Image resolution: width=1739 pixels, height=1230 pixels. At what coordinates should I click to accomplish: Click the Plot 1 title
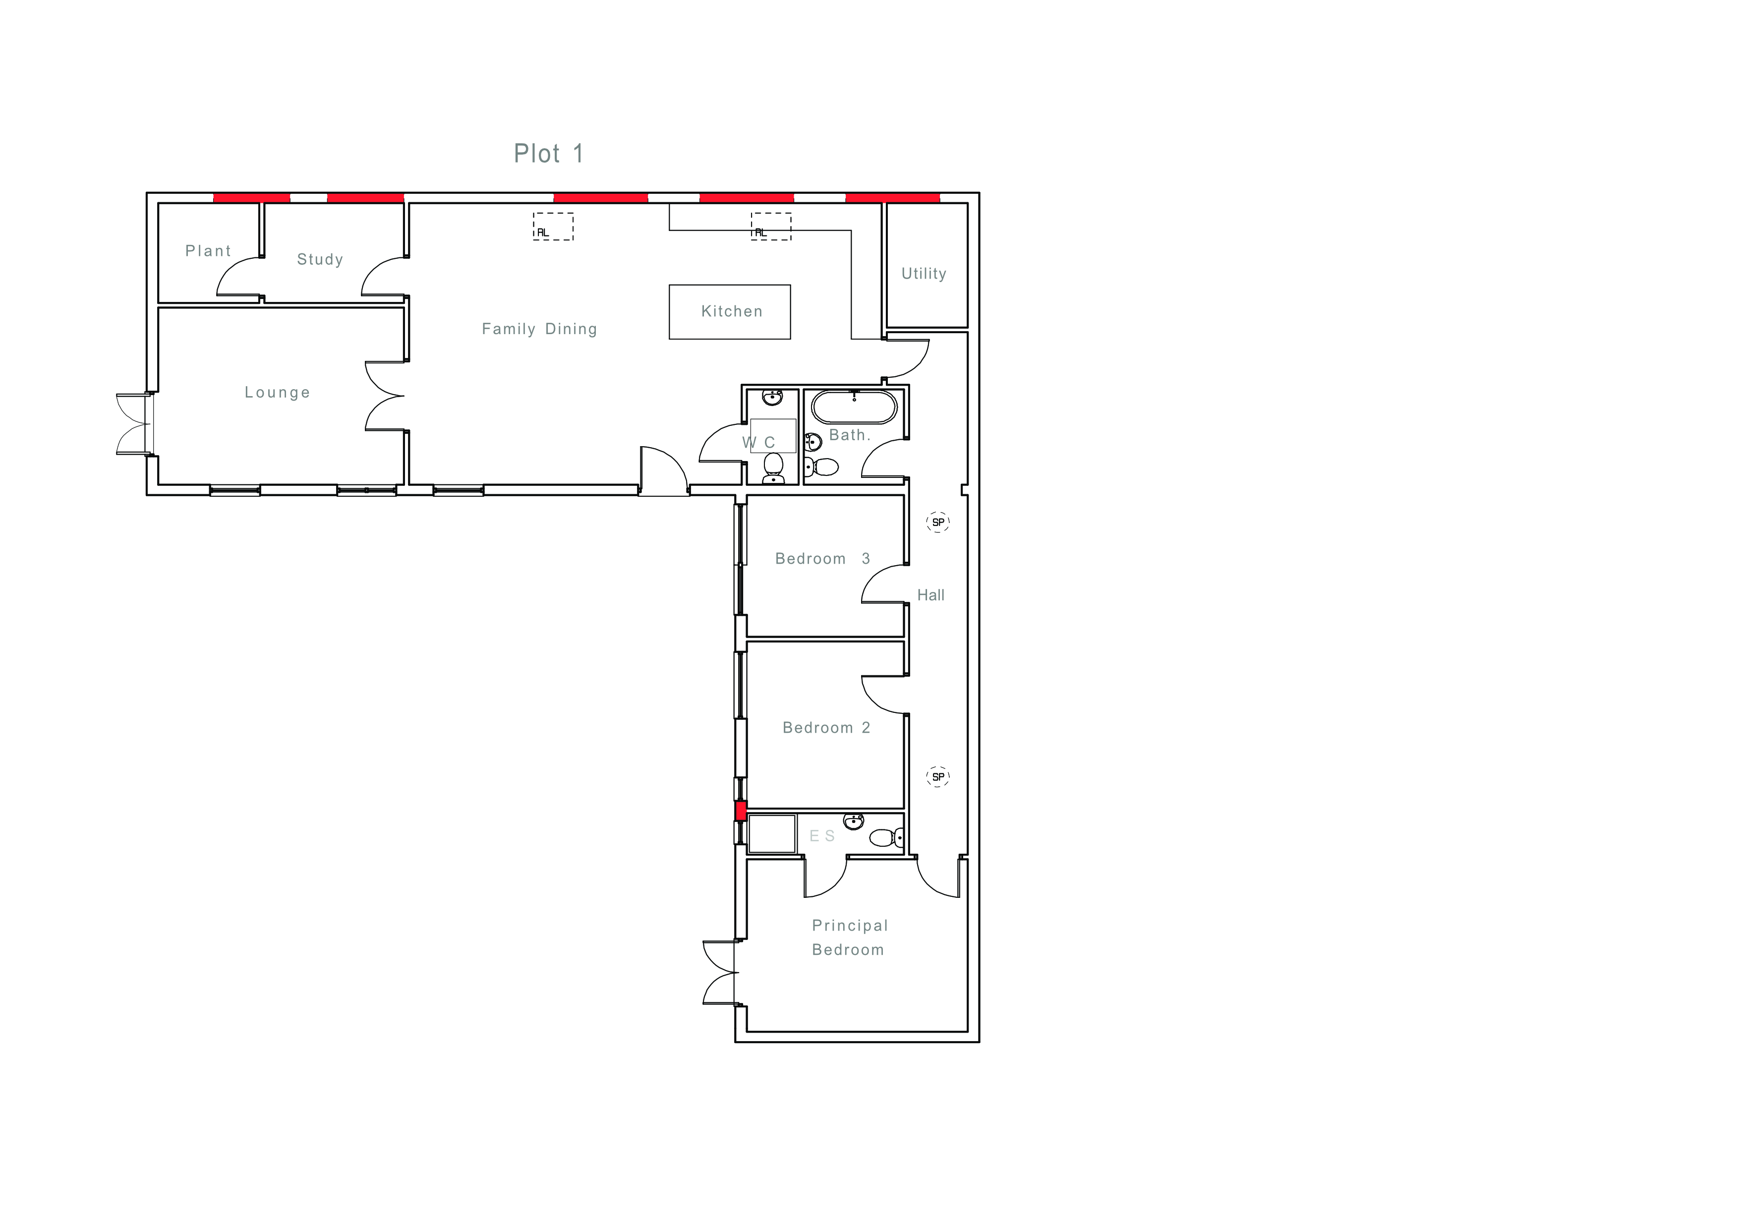coord(548,154)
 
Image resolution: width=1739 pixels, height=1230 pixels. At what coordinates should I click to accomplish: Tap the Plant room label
coord(208,251)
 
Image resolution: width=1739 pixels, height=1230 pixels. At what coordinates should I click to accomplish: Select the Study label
coord(320,259)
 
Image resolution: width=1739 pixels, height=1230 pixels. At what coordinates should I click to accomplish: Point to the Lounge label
coord(277,392)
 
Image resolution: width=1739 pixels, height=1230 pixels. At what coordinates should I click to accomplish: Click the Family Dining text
coord(539,329)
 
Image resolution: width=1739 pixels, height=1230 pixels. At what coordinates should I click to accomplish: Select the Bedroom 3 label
coord(822,558)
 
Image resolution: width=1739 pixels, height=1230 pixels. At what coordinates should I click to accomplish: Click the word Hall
coord(931,595)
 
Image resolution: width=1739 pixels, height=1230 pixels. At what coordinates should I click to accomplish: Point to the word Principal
coord(850,926)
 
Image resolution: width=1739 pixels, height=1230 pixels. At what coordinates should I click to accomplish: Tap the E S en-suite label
coord(822,836)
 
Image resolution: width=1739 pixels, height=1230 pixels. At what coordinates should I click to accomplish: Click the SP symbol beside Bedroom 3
coord(938,522)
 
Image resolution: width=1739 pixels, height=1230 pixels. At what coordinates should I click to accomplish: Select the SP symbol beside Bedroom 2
coord(938,776)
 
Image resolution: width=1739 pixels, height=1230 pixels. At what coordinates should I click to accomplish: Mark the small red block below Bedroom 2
coord(741,811)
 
